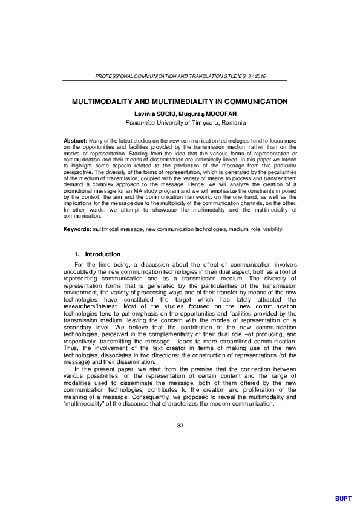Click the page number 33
[180, 427]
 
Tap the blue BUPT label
[342, 498]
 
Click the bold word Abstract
[75, 140]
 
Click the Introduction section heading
[102, 254]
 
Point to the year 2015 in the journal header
[260, 77]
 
